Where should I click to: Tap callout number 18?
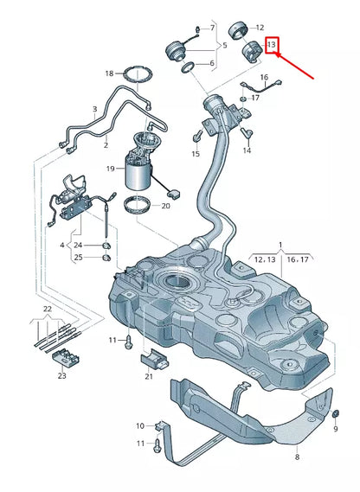click(109, 74)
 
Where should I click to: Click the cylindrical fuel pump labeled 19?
click(139, 174)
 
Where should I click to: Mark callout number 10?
click(140, 425)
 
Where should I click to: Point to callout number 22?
click(48, 309)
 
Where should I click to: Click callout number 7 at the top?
click(213, 29)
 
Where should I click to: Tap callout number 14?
click(247, 151)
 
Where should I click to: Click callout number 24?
click(89, 245)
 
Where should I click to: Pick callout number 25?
click(89, 257)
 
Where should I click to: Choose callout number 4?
click(61, 245)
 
